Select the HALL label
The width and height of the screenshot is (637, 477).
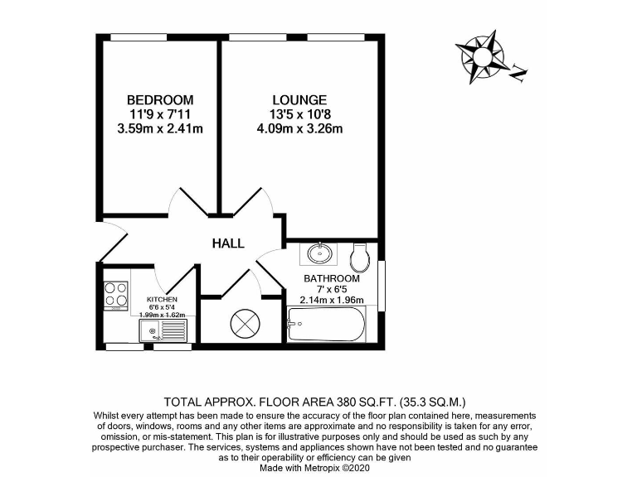(228, 243)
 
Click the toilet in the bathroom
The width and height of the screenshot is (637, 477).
(361, 258)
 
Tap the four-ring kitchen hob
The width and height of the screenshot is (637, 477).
(115, 295)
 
